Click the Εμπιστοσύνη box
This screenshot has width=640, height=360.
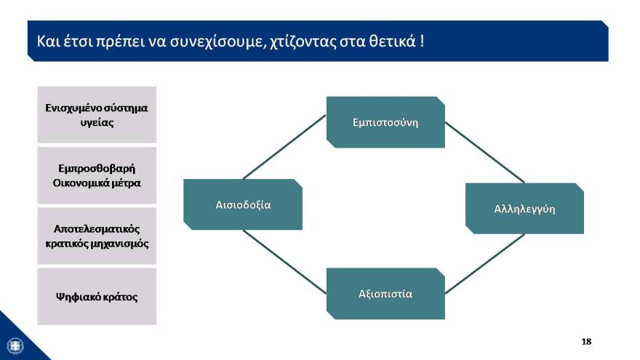tap(385, 122)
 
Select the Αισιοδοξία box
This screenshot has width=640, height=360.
tap(243, 204)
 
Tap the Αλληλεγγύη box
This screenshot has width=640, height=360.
tap(524, 209)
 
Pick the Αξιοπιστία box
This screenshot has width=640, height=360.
tap(385, 294)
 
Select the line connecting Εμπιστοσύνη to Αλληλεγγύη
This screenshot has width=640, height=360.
tap(484, 152)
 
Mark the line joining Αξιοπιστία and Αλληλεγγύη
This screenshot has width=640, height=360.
tap(484, 264)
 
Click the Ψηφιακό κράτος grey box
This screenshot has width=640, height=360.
tap(97, 297)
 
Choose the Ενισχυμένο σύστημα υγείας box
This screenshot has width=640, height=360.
tap(97, 115)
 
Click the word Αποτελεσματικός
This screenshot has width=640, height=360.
tap(97, 228)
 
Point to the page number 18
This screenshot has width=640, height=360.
tap(586, 341)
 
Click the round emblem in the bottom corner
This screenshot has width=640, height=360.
tap(15, 345)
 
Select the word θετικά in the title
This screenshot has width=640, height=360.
tap(390, 41)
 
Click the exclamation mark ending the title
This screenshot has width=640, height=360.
tap(422, 41)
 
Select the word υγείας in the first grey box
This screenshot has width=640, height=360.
tap(97, 122)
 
